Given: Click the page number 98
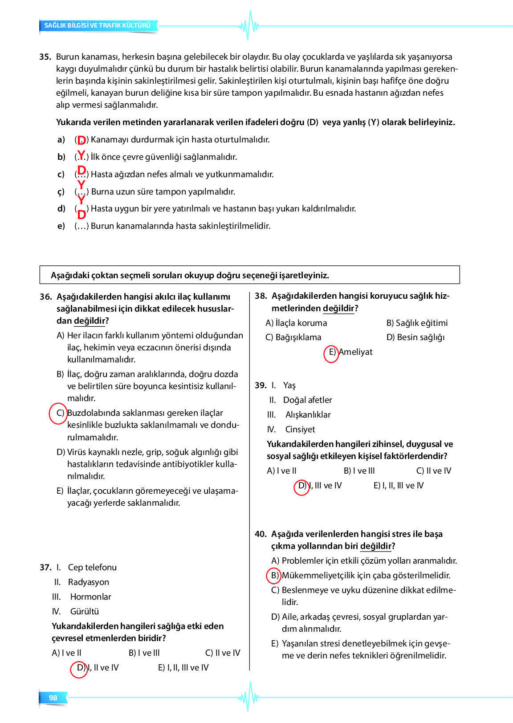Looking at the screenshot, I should click(53, 698).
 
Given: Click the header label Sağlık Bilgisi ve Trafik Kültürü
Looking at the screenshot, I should click(98, 25).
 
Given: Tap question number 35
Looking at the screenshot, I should click(45, 57).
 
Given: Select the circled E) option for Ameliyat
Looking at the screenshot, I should click(331, 352).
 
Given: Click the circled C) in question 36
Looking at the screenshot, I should click(58, 413).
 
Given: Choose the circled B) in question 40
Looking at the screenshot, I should click(274, 576).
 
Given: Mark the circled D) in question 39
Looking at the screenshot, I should click(301, 486).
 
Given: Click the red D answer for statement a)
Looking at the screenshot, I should click(81, 140).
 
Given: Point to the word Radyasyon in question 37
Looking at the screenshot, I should click(88, 582).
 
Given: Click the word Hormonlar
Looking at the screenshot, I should click(90, 597).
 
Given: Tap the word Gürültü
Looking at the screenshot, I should click(84, 611).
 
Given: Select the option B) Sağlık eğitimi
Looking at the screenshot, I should click(417, 323).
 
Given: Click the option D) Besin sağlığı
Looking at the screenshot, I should click(415, 337).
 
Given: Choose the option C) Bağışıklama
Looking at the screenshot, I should click(293, 337).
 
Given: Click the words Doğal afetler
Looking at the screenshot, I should click(307, 400).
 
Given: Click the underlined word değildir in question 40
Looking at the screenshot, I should click(376, 546).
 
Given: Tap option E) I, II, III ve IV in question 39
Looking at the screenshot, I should click(399, 485).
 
